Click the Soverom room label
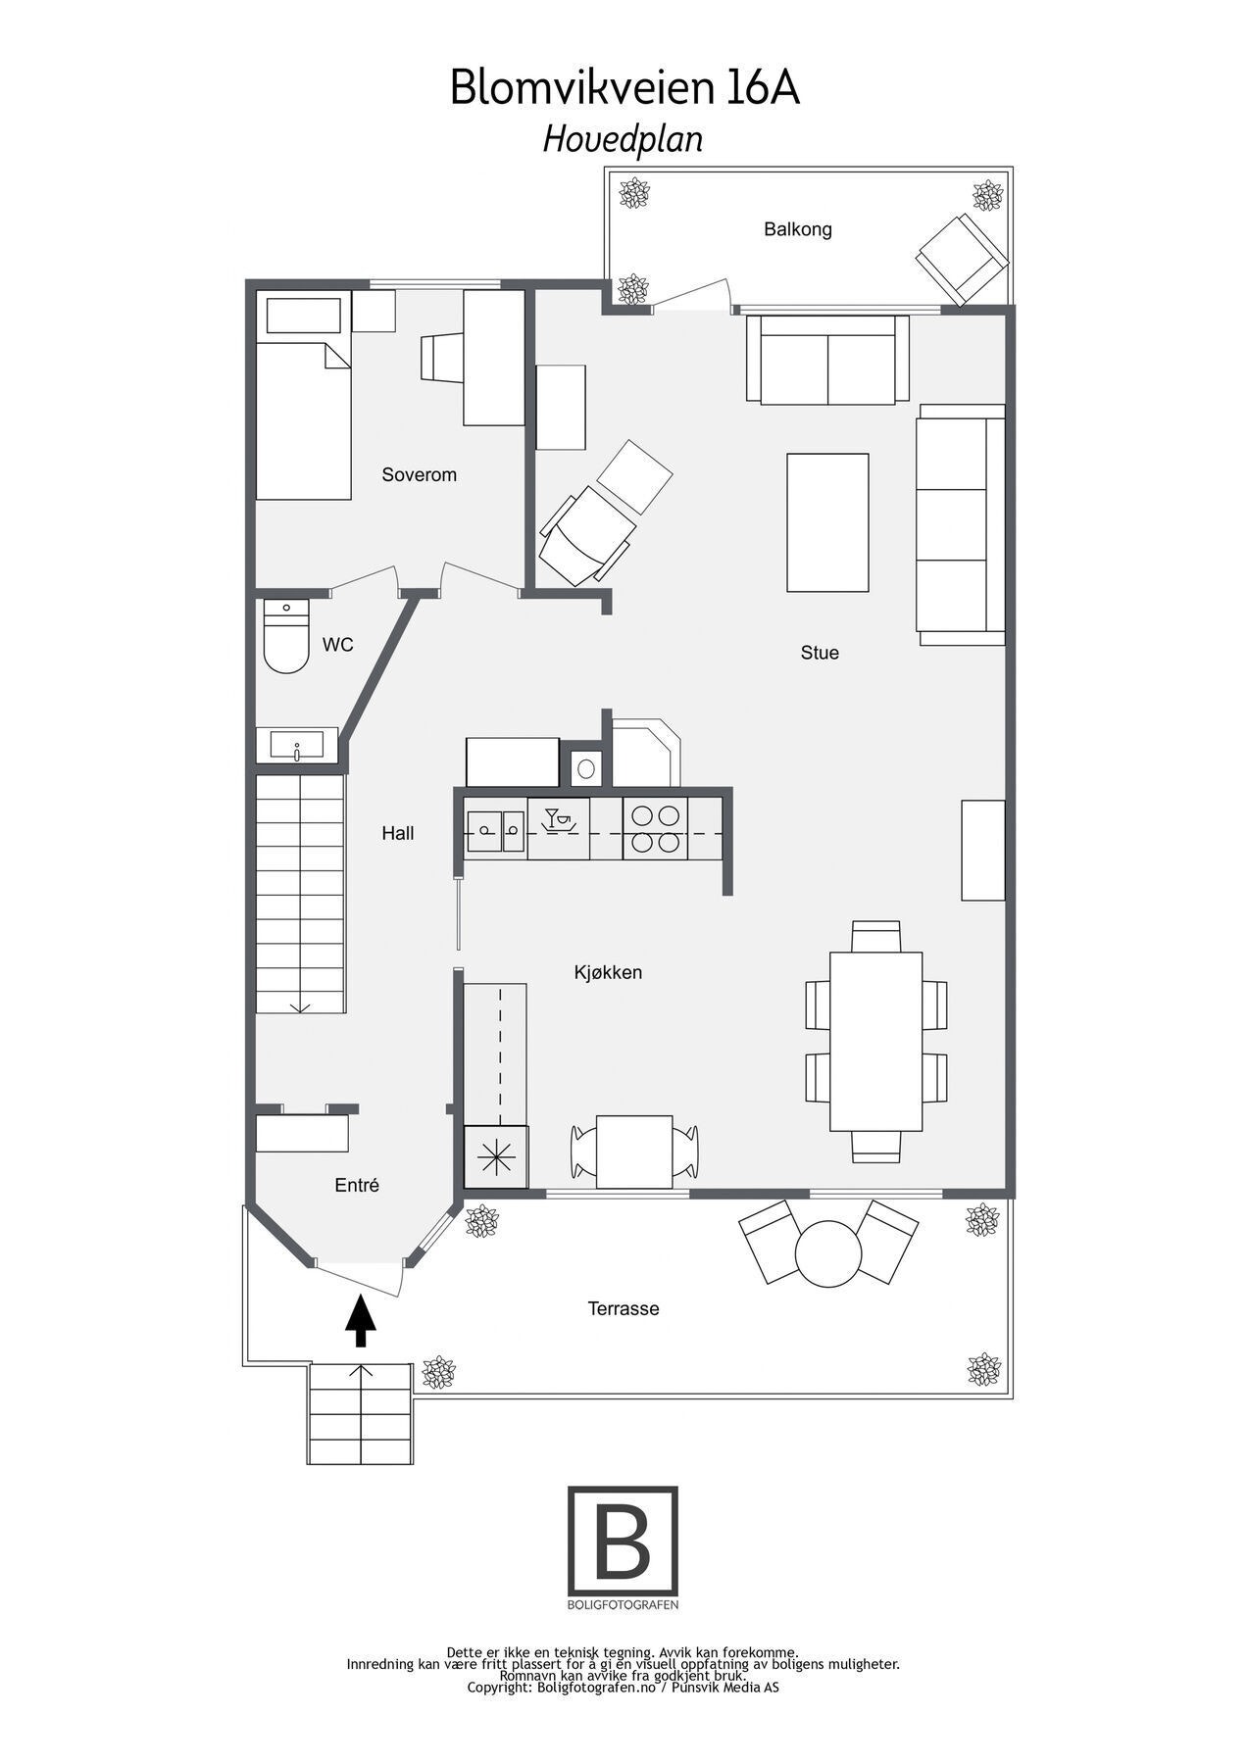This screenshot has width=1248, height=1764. click(x=419, y=475)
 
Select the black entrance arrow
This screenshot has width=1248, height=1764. click(x=361, y=1320)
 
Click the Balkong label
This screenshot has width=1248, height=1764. click(x=797, y=229)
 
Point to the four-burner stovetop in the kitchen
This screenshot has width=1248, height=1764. click(x=655, y=828)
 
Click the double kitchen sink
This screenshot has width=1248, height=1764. click(x=496, y=831)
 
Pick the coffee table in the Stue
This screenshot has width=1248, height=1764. click(x=827, y=522)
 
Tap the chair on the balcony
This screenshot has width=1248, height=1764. click(x=962, y=259)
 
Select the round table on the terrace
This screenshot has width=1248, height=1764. click(x=827, y=1252)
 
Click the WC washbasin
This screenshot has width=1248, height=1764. click(x=297, y=745)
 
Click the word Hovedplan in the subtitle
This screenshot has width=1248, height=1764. click(x=623, y=139)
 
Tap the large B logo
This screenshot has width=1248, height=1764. click(x=623, y=1542)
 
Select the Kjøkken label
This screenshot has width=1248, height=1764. click(x=608, y=972)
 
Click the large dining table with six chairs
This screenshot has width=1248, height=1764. click(x=875, y=1041)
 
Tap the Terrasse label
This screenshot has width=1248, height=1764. click(x=623, y=1308)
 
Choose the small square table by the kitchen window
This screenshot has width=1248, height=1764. click(x=634, y=1151)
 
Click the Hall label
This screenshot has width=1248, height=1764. click(x=397, y=833)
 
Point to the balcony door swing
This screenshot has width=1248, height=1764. click(x=692, y=294)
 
